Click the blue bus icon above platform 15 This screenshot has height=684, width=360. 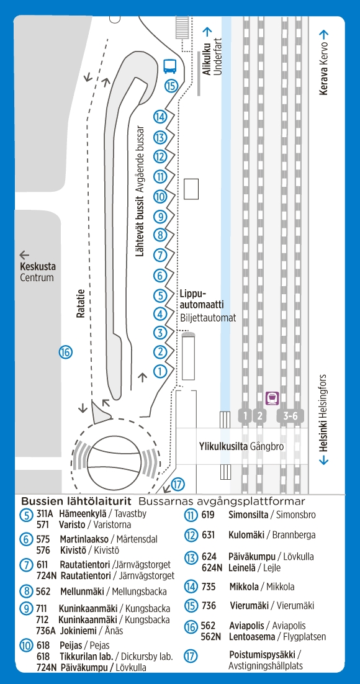(169, 66)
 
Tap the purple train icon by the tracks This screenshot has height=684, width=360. (272, 398)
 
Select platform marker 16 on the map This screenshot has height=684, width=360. (65, 352)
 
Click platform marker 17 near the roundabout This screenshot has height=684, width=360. (178, 484)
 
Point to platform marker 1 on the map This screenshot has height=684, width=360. (160, 371)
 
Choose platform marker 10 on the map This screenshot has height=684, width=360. (160, 197)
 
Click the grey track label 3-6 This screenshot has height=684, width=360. (290, 416)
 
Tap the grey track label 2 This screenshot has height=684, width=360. (259, 416)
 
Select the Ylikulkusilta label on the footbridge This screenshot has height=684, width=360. (223, 447)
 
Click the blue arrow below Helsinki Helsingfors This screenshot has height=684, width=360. (324, 460)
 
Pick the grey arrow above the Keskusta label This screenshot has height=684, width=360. (24, 255)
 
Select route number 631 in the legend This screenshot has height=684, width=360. (209, 535)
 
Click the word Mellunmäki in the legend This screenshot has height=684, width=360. (81, 592)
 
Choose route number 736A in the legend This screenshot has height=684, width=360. (46, 631)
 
